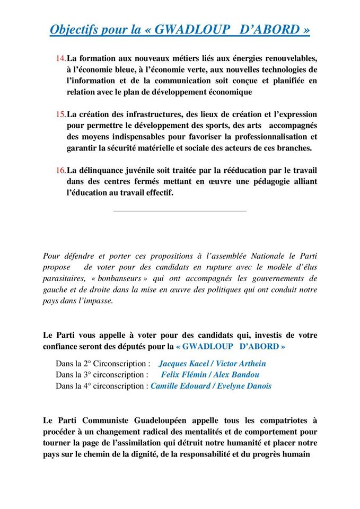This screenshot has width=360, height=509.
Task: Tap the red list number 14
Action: tap(60, 58)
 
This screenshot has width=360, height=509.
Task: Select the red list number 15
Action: tap(60, 114)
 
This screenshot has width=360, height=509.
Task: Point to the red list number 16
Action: tap(60, 170)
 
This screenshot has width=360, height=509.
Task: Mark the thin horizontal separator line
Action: tap(180, 211)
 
